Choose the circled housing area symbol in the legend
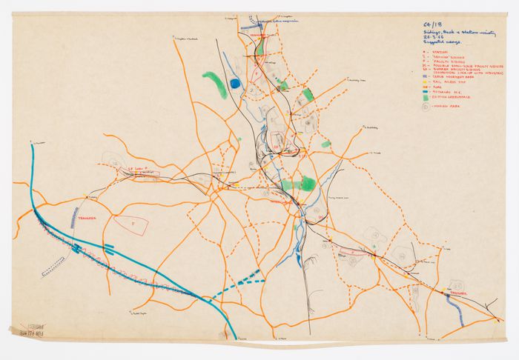click(x=426, y=106)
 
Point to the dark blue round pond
click(x=236, y=84)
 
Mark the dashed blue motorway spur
click(x=237, y=284)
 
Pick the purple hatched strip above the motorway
click(x=74, y=217)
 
